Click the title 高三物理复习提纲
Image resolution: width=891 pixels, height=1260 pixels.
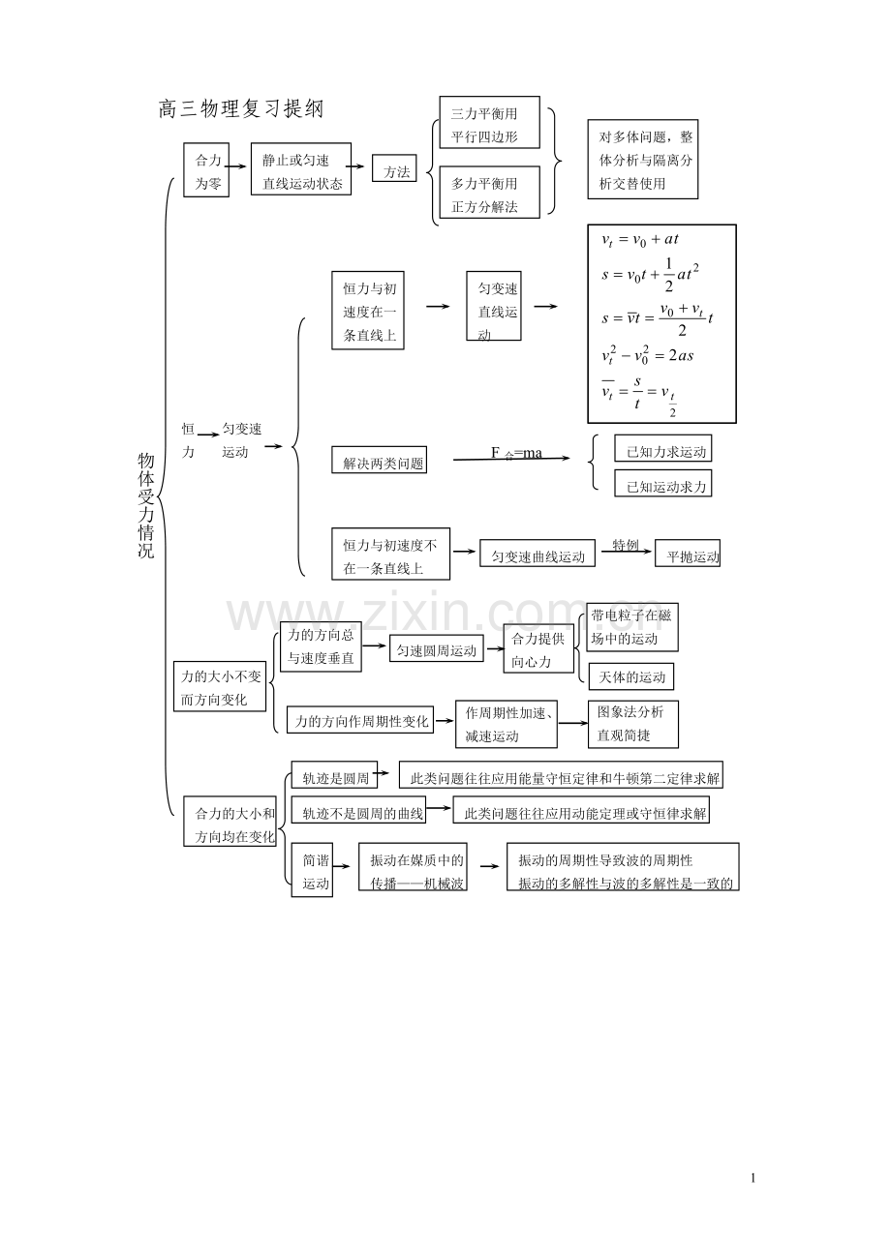point(240,110)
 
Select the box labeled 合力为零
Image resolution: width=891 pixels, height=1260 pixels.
point(207,171)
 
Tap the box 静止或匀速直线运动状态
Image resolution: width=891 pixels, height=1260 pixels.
point(301,171)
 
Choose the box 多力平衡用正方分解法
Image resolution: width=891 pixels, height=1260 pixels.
point(489,194)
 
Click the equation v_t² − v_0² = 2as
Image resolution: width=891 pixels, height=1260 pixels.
point(647,355)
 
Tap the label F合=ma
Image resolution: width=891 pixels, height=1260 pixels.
point(516,453)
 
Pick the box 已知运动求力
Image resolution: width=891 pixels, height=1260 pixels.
point(662,485)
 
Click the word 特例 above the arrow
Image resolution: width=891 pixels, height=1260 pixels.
point(625,545)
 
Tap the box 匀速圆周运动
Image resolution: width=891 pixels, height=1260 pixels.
point(437,651)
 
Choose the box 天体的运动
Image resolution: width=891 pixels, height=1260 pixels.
point(631,676)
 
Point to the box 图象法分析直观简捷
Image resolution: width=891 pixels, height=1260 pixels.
point(632,724)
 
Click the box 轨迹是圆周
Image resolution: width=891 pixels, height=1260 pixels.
point(334,778)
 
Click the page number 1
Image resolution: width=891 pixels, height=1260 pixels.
point(753,1178)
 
